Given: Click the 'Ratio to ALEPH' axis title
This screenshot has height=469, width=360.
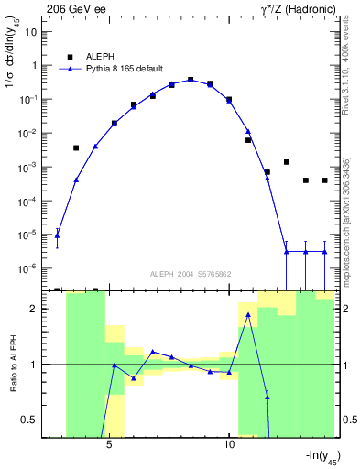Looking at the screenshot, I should (x=13, y=364).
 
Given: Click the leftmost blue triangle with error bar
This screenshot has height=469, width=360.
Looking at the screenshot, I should (x=58, y=234).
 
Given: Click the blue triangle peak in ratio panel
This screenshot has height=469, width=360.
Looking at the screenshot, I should (x=248, y=315).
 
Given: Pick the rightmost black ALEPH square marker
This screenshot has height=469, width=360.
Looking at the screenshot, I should (x=324, y=180).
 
